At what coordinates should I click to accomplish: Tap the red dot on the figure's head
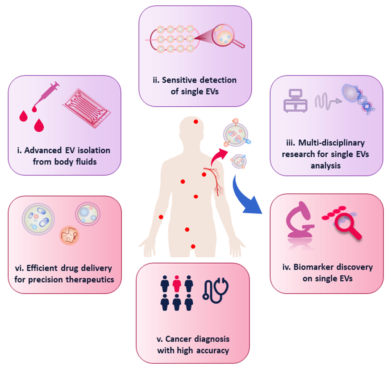[x=195, y=121]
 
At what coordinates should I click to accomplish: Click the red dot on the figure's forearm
[x=161, y=217]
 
